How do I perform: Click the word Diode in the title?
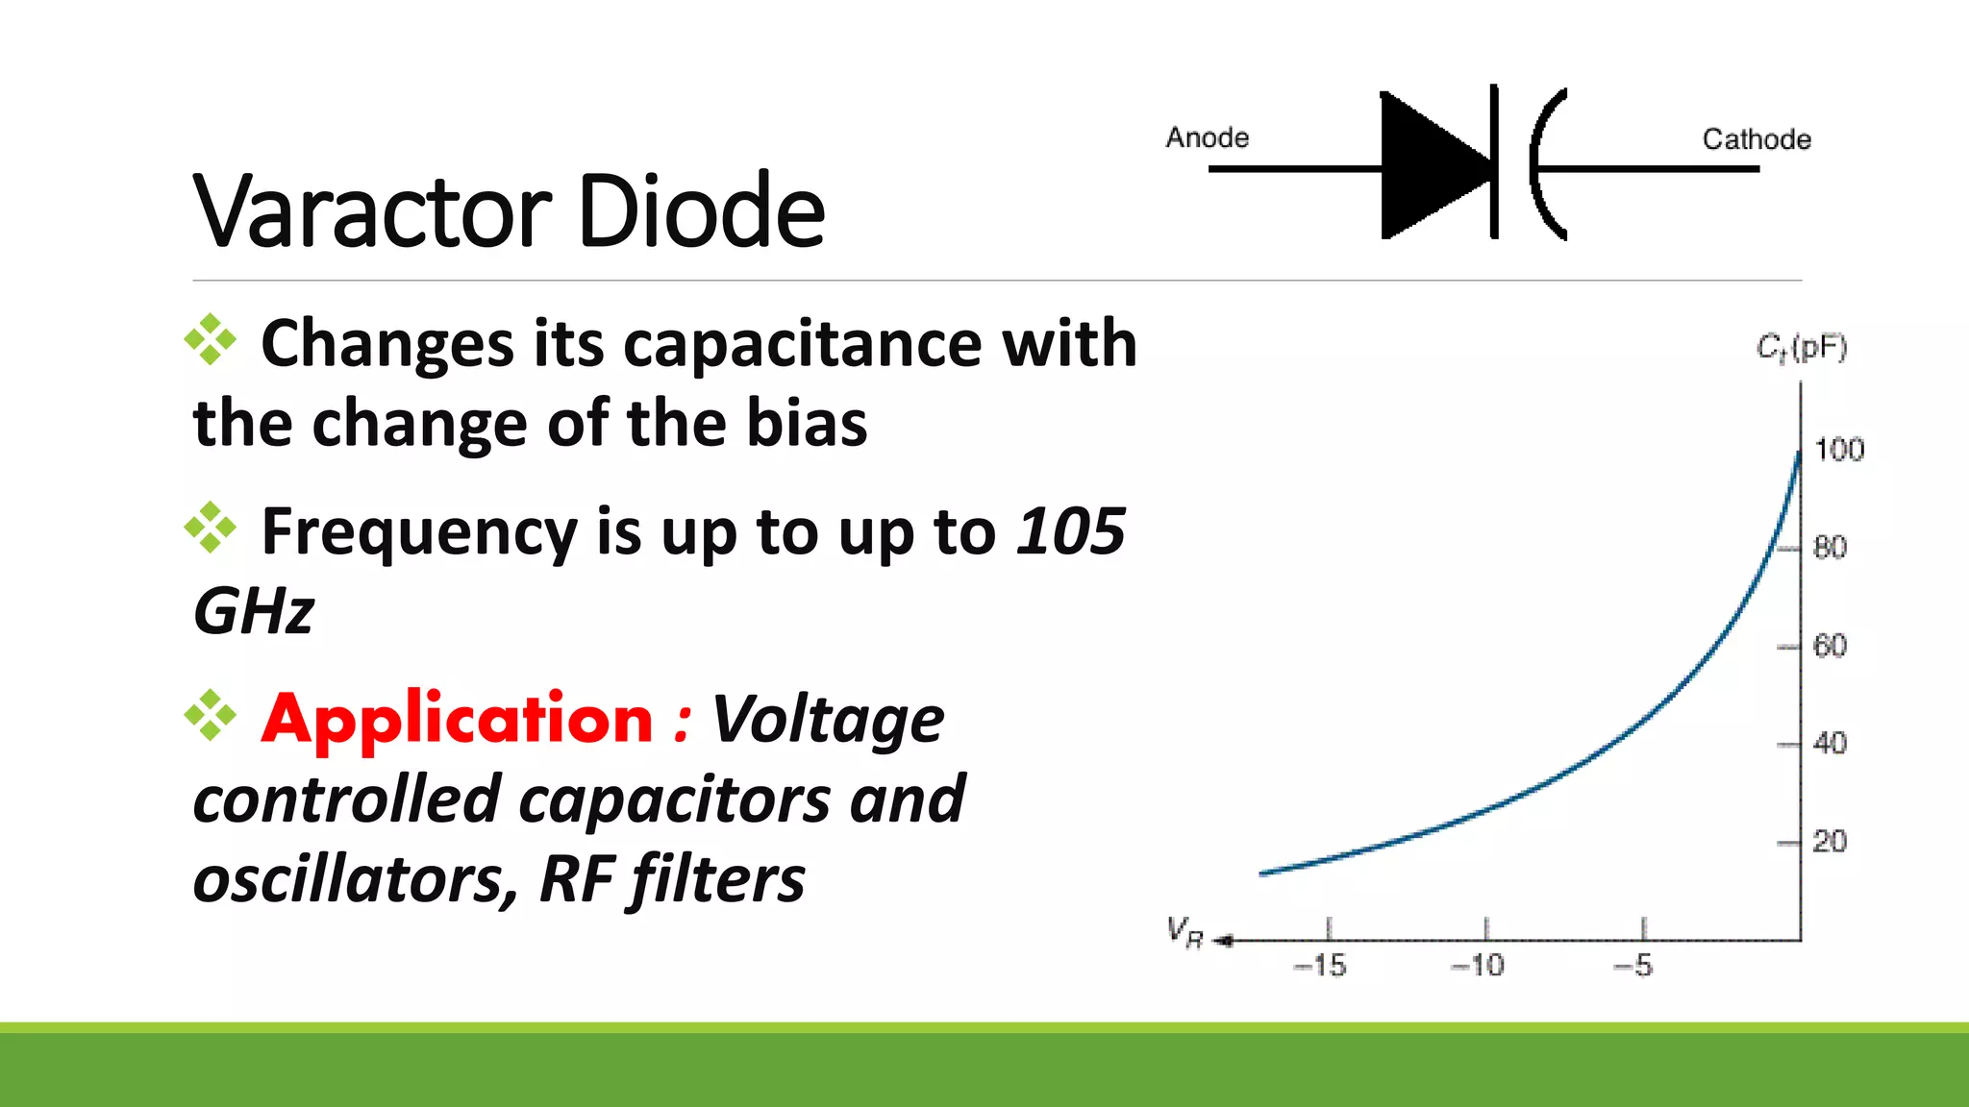click(x=702, y=210)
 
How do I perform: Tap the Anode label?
click(x=1207, y=138)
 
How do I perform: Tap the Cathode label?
click(x=1757, y=139)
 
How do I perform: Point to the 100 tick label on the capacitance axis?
click(x=1839, y=450)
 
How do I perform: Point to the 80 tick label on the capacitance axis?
click(x=1830, y=548)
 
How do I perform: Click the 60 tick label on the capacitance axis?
click(x=1830, y=646)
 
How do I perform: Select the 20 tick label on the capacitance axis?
click(x=1830, y=842)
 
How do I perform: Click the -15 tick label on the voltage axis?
click(x=1320, y=966)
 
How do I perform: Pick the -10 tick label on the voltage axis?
click(x=1478, y=966)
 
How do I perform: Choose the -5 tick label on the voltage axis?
click(x=1633, y=966)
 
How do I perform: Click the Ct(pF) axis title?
click(x=1802, y=348)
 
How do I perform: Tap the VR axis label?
click(x=1184, y=932)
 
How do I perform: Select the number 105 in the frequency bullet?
click(x=1071, y=531)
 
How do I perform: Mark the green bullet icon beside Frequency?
click(x=211, y=528)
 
